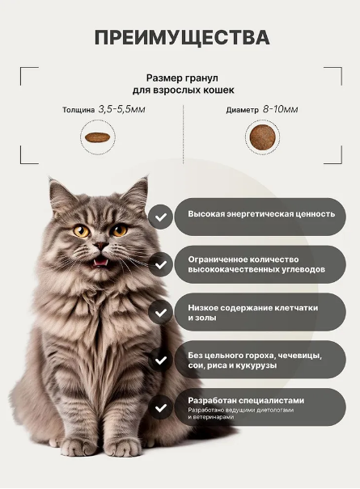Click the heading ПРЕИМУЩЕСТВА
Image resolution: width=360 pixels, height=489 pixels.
pos(182,38)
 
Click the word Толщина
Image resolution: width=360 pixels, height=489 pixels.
pos(78,110)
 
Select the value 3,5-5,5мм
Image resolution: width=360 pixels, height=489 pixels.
pos(122,109)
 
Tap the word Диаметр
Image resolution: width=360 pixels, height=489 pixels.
pos(242,110)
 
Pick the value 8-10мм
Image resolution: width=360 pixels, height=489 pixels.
pos(280,109)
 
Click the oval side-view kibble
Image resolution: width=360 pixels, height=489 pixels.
pos(97,137)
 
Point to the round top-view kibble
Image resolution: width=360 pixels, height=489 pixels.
pos(263,137)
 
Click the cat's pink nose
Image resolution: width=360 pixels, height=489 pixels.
pos(101,246)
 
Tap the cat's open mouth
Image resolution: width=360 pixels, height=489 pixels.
pos(100,261)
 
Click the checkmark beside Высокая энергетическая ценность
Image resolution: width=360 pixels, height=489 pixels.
pos(160,217)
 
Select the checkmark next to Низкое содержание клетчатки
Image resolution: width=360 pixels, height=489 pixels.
pos(160,313)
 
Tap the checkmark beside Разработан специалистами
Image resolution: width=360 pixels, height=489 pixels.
pos(160,408)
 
